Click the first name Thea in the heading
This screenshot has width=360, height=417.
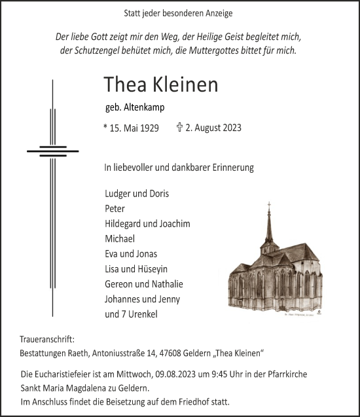pyautogui.click(x=123, y=85)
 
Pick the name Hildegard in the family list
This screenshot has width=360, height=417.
pyautogui.click(x=125, y=224)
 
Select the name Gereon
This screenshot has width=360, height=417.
pyautogui.click(x=118, y=284)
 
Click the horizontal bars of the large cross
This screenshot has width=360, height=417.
pyautogui.click(x=52, y=151)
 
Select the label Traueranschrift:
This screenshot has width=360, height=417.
pyautogui.click(x=47, y=340)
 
